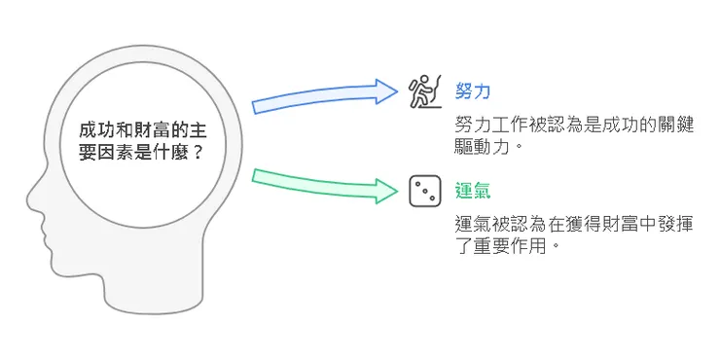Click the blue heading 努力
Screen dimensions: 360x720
[x=473, y=92]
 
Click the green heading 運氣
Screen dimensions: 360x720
[x=473, y=190]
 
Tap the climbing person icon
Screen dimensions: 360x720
[x=423, y=91]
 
